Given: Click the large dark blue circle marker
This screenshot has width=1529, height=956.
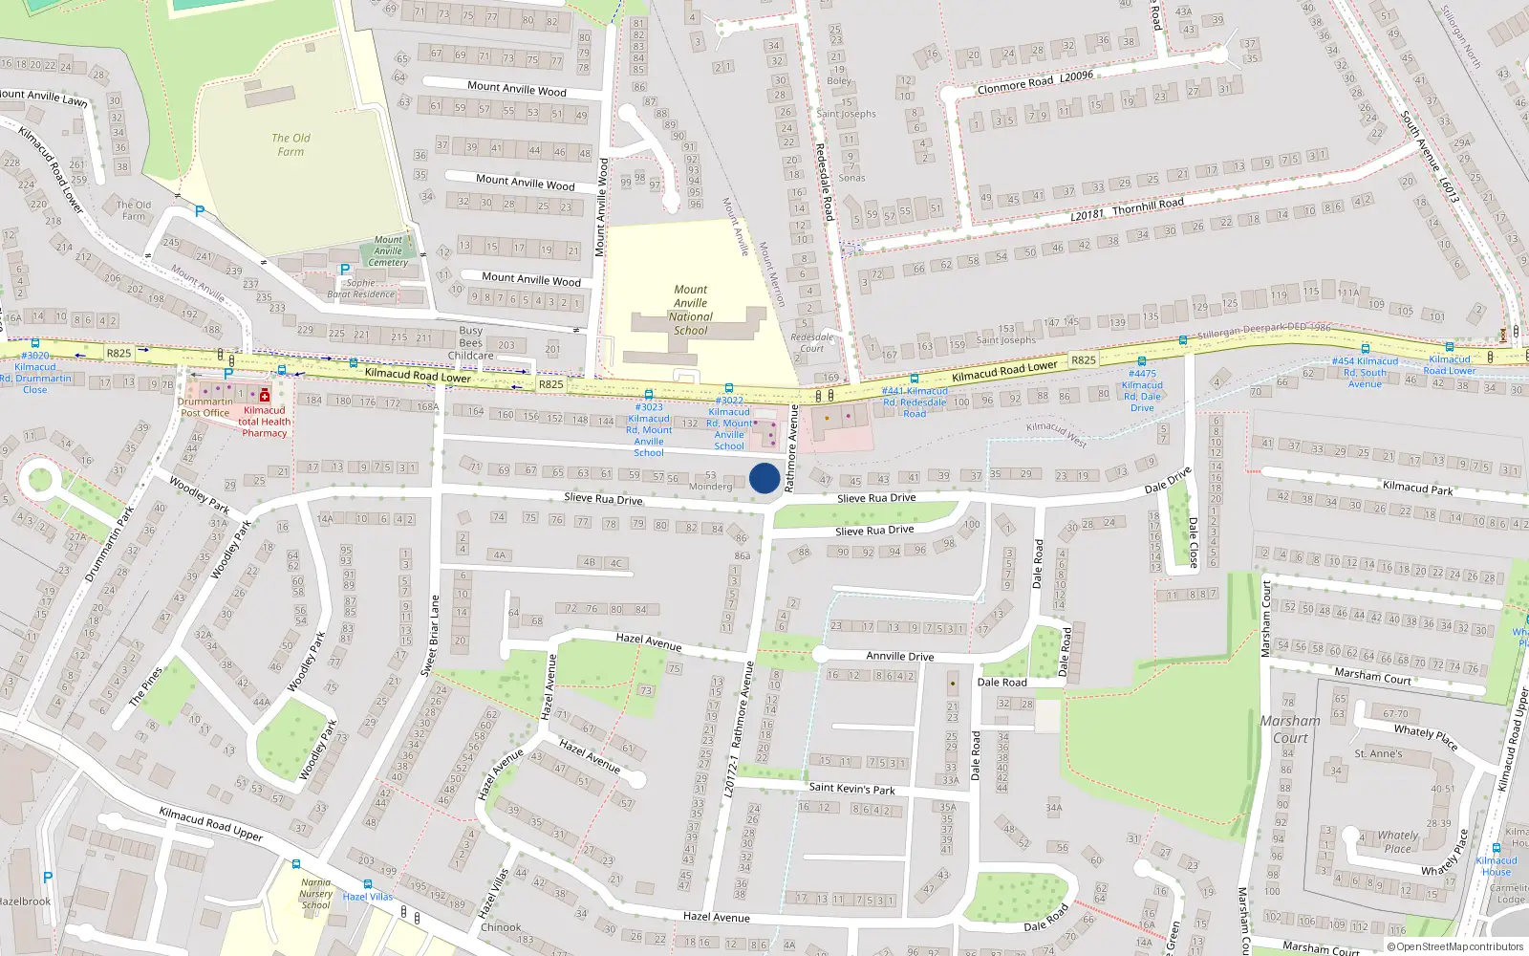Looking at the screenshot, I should click(x=764, y=478).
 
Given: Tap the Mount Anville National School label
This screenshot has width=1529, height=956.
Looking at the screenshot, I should click(x=690, y=310).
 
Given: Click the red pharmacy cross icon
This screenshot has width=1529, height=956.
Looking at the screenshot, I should click(x=265, y=395).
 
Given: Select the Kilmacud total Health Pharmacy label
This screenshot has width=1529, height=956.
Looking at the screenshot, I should click(x=264, y=422).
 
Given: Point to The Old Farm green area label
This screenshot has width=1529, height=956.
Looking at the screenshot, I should click(x=291, y=144).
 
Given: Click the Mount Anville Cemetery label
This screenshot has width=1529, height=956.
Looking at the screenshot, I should click(x=388, y=251).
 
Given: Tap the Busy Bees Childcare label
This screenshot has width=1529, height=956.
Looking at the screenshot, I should click(x=471, y=343).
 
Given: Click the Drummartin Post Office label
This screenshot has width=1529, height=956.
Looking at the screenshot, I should click(x=205, y=407).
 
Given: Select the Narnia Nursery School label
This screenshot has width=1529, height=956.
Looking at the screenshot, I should click(x=315, y=894).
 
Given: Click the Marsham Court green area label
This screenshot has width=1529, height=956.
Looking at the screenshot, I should click(x=1290, y=729).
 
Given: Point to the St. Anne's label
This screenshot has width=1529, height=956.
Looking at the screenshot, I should click(x=1378, y=753).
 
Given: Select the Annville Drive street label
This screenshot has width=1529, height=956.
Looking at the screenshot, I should click(x=899, y=657).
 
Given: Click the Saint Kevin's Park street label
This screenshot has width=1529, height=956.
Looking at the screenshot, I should click(x=851, y=789).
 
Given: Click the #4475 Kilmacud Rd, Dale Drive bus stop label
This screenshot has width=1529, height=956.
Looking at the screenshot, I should click(x=1142, y=391).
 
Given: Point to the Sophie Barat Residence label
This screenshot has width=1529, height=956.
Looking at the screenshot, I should click(x=360, y=289).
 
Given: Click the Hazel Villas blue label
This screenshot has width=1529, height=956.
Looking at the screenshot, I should click(x=368, y=897).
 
